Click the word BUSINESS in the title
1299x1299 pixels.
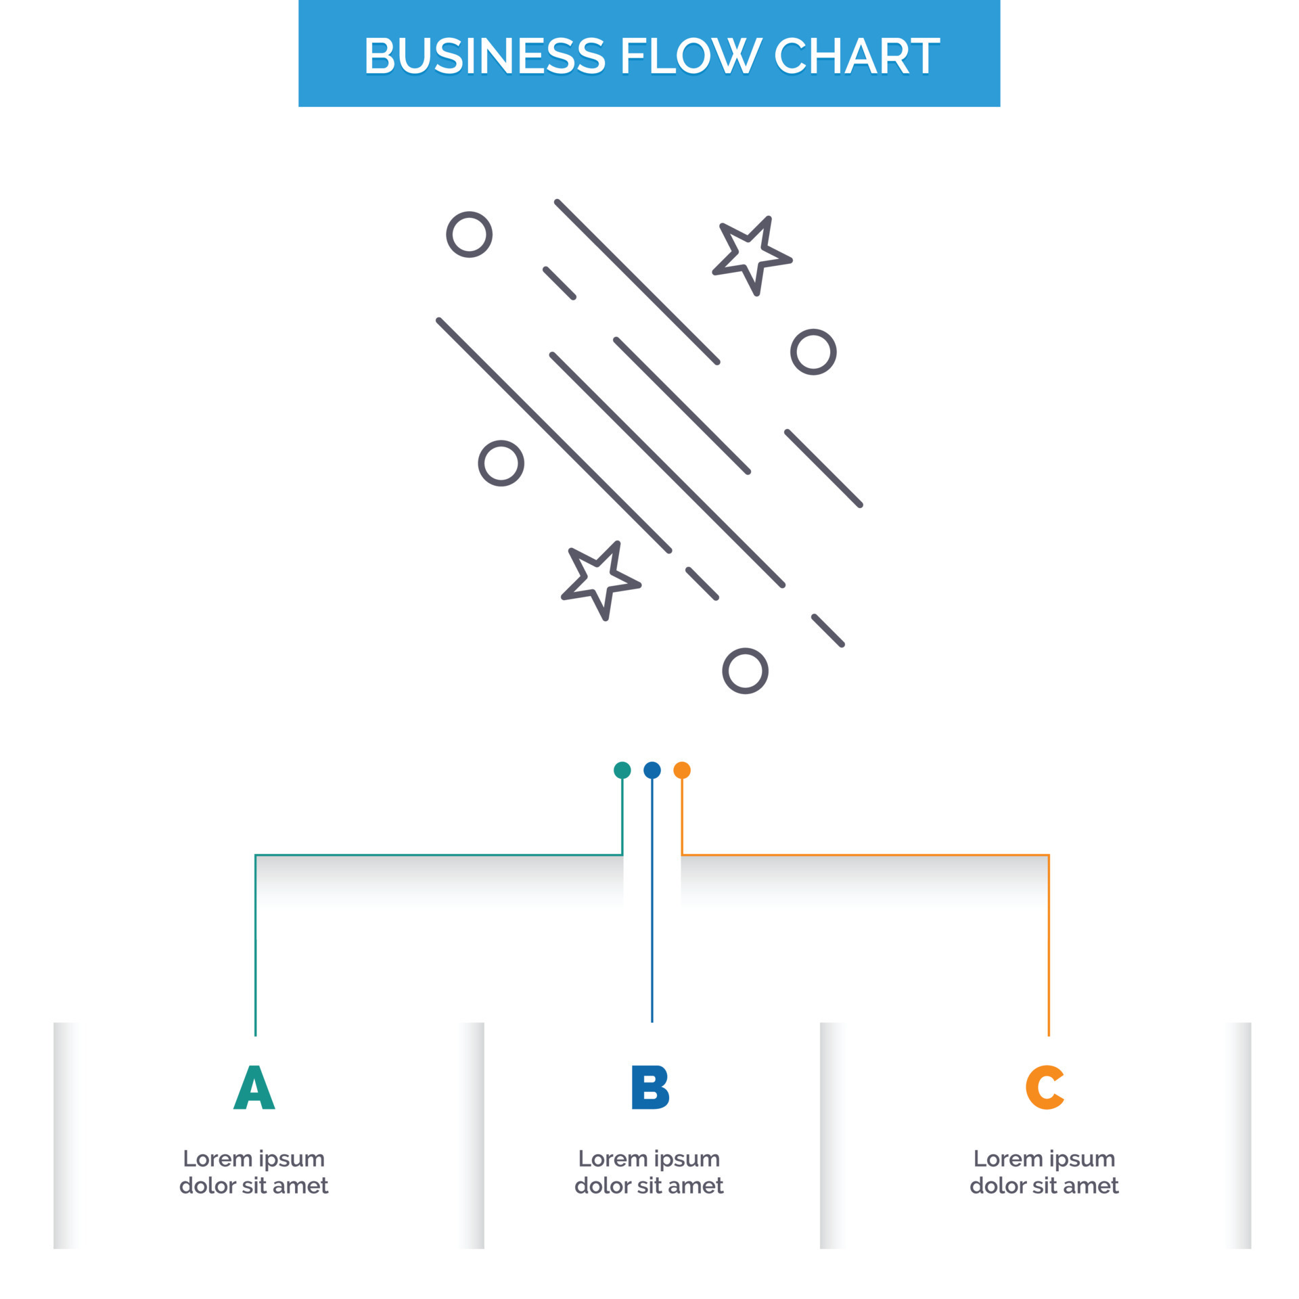tap(484, 55)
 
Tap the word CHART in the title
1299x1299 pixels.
tap(857, 55)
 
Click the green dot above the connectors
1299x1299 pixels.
tap(622, 770)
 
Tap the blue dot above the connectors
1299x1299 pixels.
tap(652, 770)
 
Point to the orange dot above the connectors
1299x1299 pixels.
tap(682, 770)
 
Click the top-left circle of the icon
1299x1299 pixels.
tap(469, 235)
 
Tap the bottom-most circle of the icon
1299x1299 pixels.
tap(745, 671)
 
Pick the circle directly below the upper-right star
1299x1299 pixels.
tap(813, 352)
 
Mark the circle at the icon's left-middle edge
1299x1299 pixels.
tap(501, 463)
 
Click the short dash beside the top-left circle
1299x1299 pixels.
tap(560, 283)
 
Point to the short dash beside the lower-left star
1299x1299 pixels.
tap(702, 583)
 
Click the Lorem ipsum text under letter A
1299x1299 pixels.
tap(254, 1172)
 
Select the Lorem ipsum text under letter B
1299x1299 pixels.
tap(649, 1172)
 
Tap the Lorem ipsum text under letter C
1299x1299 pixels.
tap(1044, 1172)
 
